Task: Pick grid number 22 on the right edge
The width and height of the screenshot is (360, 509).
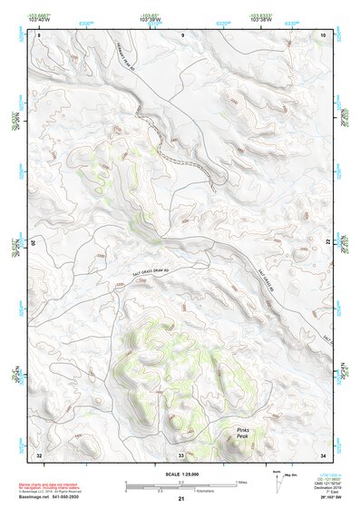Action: tap(328, 241)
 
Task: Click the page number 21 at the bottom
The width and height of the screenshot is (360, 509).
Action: tap(181, 500)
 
